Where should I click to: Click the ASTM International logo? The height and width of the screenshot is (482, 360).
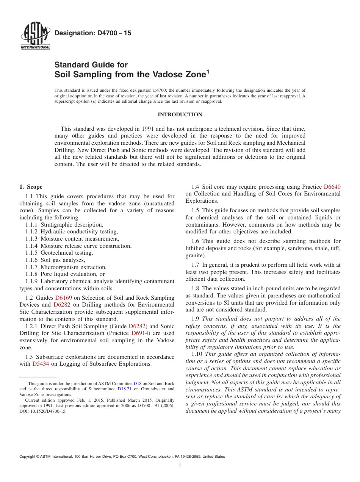[35, 36]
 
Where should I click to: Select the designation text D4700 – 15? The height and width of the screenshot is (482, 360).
[93, 33]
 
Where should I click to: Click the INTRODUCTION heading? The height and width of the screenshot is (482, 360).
[180, 114]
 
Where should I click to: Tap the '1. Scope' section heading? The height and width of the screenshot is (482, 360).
[31, 187]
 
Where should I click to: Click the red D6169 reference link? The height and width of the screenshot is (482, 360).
[63, 298]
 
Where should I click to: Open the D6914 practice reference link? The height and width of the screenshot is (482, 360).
[139, 333]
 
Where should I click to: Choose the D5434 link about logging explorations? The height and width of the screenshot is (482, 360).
[41, 364]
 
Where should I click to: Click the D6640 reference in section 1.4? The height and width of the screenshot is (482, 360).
[332, 187]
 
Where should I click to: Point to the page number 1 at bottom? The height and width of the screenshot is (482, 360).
[180, 466]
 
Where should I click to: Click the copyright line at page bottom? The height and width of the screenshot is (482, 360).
[122, 457]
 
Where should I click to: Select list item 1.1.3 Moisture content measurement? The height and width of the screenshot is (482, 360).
[72, 239]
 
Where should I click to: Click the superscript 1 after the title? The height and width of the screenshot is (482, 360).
[207, 72]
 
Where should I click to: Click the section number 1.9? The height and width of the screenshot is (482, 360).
[196, 319]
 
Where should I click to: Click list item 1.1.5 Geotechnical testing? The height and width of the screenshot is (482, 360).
[59, 253]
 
